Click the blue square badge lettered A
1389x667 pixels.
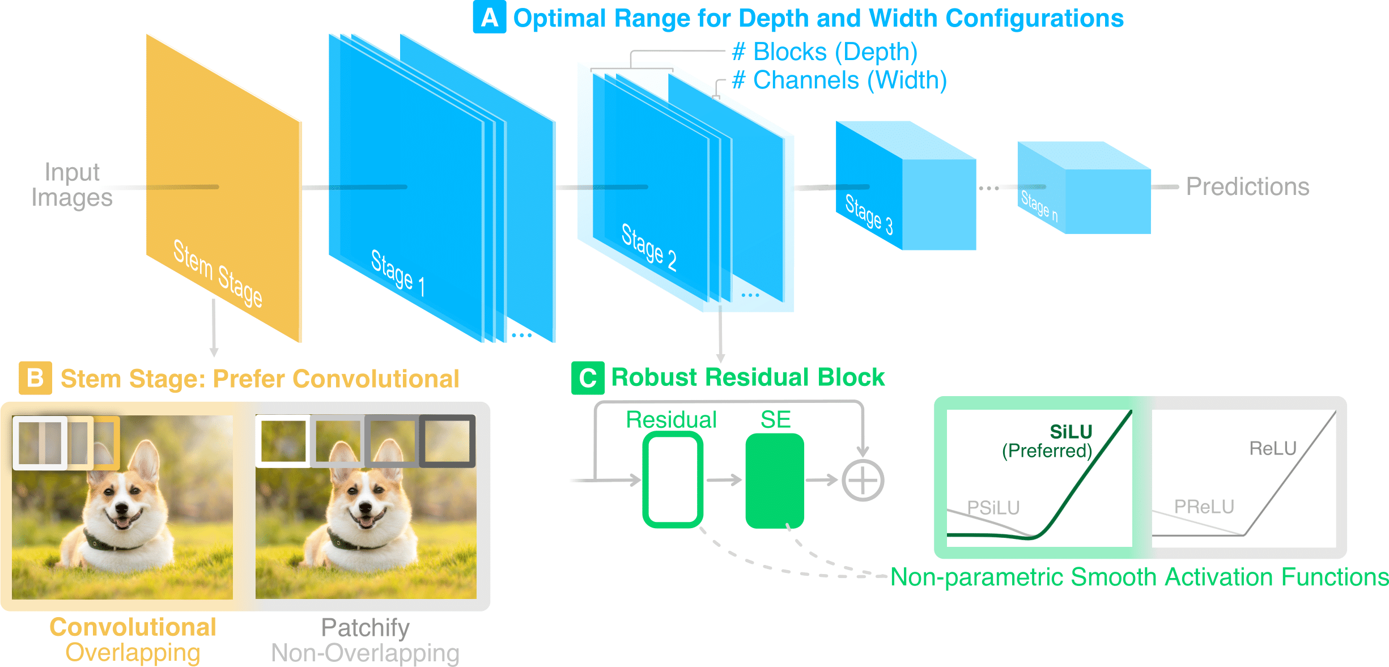click(489, 18)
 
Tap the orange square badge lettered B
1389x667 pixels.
click(35, 378)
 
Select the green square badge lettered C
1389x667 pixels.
click(587, 378)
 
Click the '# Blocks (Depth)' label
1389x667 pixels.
click(824, 52)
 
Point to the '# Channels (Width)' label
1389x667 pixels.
click(839, 80)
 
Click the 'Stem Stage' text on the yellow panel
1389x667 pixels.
click(218, 273)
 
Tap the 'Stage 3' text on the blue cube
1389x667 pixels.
click(869, 214)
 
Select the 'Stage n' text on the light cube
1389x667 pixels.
click(1039, 206)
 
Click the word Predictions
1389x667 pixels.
click(1247, 186)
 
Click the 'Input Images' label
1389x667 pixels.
click(72, 185)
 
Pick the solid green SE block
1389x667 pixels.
click(774, 481)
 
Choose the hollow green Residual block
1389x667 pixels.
click(672, 479)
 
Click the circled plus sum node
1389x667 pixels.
click(863, 481)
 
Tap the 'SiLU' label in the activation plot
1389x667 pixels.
click(1071, 432)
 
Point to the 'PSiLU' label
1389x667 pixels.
click(993, 507)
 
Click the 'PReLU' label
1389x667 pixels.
click(1204, 506)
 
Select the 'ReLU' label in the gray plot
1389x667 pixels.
click(1273, 448)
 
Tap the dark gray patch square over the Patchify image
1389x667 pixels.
click(447, 441)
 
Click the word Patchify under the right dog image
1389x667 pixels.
click(365, 627)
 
